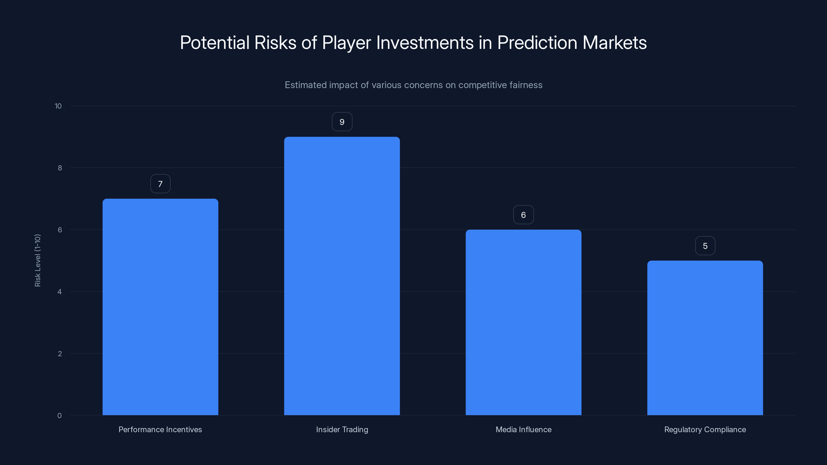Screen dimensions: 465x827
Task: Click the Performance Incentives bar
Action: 160,307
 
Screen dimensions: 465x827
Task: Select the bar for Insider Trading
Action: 342,276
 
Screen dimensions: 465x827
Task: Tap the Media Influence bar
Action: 523,322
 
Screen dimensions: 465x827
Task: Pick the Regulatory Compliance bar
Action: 705,338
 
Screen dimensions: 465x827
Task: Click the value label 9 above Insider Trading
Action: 342,122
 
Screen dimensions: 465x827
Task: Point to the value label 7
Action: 160,184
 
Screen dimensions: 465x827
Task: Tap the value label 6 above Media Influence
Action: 523,215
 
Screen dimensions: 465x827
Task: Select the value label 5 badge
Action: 705,246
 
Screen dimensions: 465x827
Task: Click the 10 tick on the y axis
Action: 58,106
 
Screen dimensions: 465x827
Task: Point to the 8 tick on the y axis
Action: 60,168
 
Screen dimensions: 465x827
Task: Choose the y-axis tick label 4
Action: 59,292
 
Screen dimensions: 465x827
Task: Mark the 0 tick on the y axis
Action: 59,416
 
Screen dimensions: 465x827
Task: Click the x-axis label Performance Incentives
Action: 160,429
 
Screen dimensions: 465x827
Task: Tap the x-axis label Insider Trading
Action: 342,429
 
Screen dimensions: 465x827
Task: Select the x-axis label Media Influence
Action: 523,429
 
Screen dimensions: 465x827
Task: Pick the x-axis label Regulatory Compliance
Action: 705,429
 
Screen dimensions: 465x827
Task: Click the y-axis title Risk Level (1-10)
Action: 37,261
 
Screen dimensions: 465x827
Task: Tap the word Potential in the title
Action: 215,43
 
